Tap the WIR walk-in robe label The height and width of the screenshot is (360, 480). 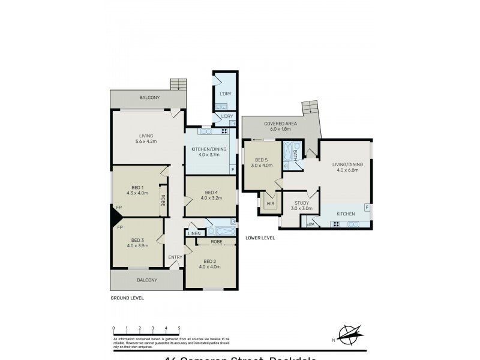271,203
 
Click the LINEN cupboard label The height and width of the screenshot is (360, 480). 194,233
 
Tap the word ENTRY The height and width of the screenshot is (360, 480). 175,257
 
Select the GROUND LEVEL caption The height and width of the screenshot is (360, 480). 127,298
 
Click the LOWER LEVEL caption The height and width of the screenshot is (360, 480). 260,238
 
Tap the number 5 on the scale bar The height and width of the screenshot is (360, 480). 179,328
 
